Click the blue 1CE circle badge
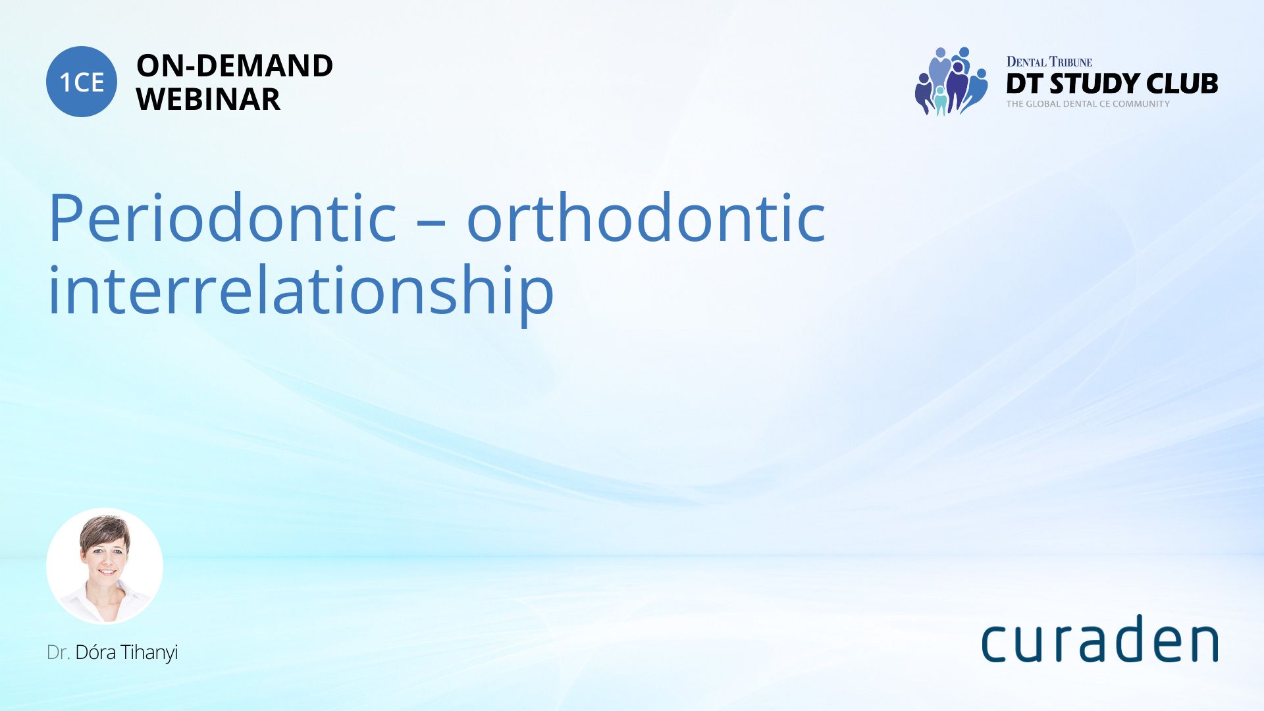[82, 82]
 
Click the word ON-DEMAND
[234, 65]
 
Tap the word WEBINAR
[208, 99]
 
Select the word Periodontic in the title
[223, 217]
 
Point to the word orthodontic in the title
[646, 217]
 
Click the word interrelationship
[302, 290]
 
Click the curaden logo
[1099, 639]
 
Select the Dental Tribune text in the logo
[1049, 62]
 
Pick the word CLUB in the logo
[1182, 84]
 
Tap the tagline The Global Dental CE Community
[1088, 104]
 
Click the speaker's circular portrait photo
[105, 566]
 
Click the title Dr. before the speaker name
[58, 652]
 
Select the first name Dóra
[95, 652]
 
